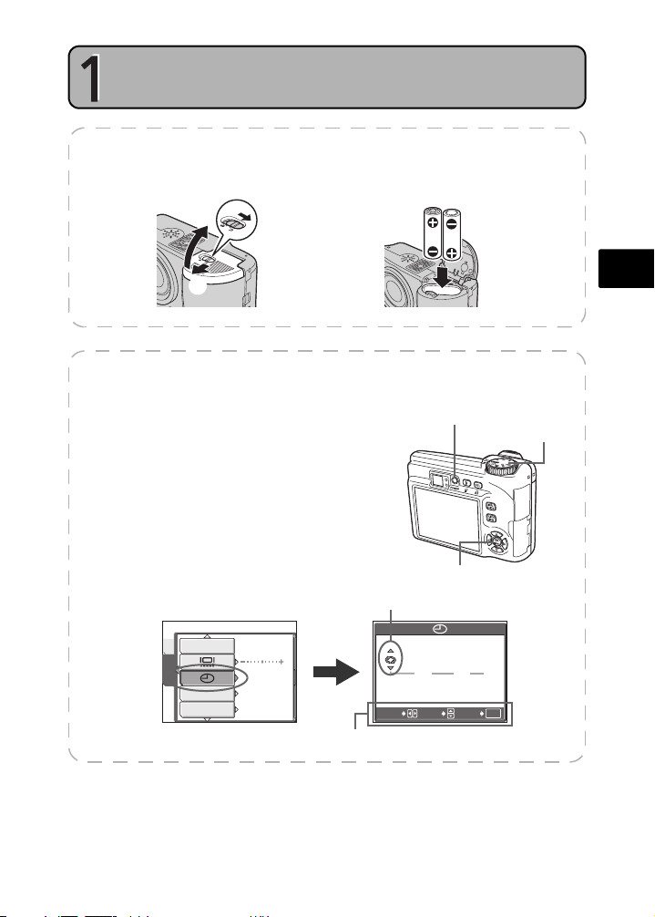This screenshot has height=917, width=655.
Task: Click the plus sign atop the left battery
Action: [431, 223]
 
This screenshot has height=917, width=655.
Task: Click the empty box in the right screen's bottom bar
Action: [493, 712]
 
